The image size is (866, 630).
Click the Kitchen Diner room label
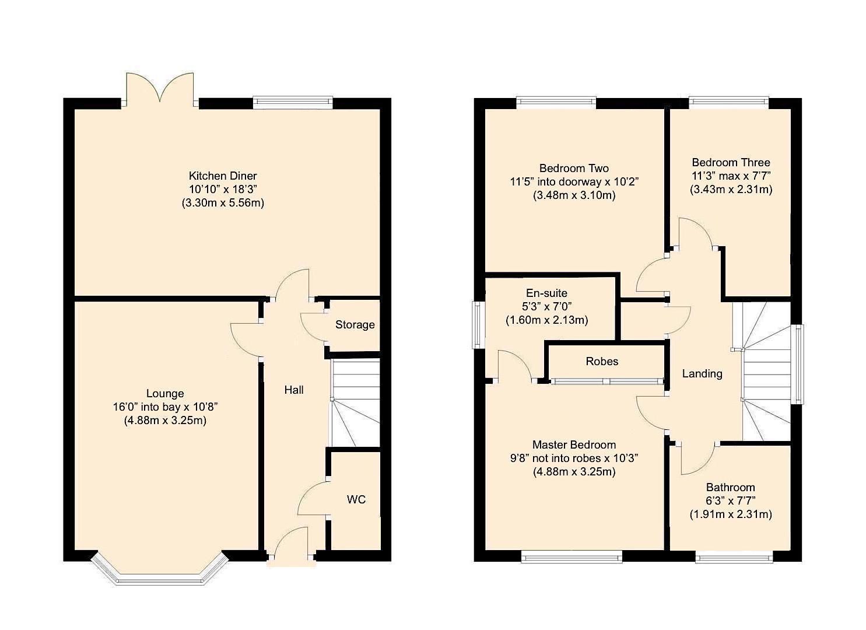pyautogui.click(x=222, y=176)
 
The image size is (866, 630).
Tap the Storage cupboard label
pyautogui.click(x=355, y=325)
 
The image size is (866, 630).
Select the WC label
pyautogui.click(x=356, y=499)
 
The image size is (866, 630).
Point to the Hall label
pyautogui.click(x=294, y=390)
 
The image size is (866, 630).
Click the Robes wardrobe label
pyautogui.click(x=602, y=362)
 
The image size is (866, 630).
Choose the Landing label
pyautogui.click(x=702, y=374)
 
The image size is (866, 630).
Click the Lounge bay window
pyautogui.click(x=159, y=573)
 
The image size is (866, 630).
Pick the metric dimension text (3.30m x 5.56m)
pyautogui.click(x=222, y=203)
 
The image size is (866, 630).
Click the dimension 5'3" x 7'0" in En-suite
pyautogui.click(x=546, y=307)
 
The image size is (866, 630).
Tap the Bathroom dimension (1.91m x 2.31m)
pyautogui.click(x=730, y=514)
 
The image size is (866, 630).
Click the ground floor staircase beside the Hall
pyautogui.click(x=355, y=402)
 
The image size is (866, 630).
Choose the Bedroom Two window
pyautogui.click(x=556, y=102)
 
